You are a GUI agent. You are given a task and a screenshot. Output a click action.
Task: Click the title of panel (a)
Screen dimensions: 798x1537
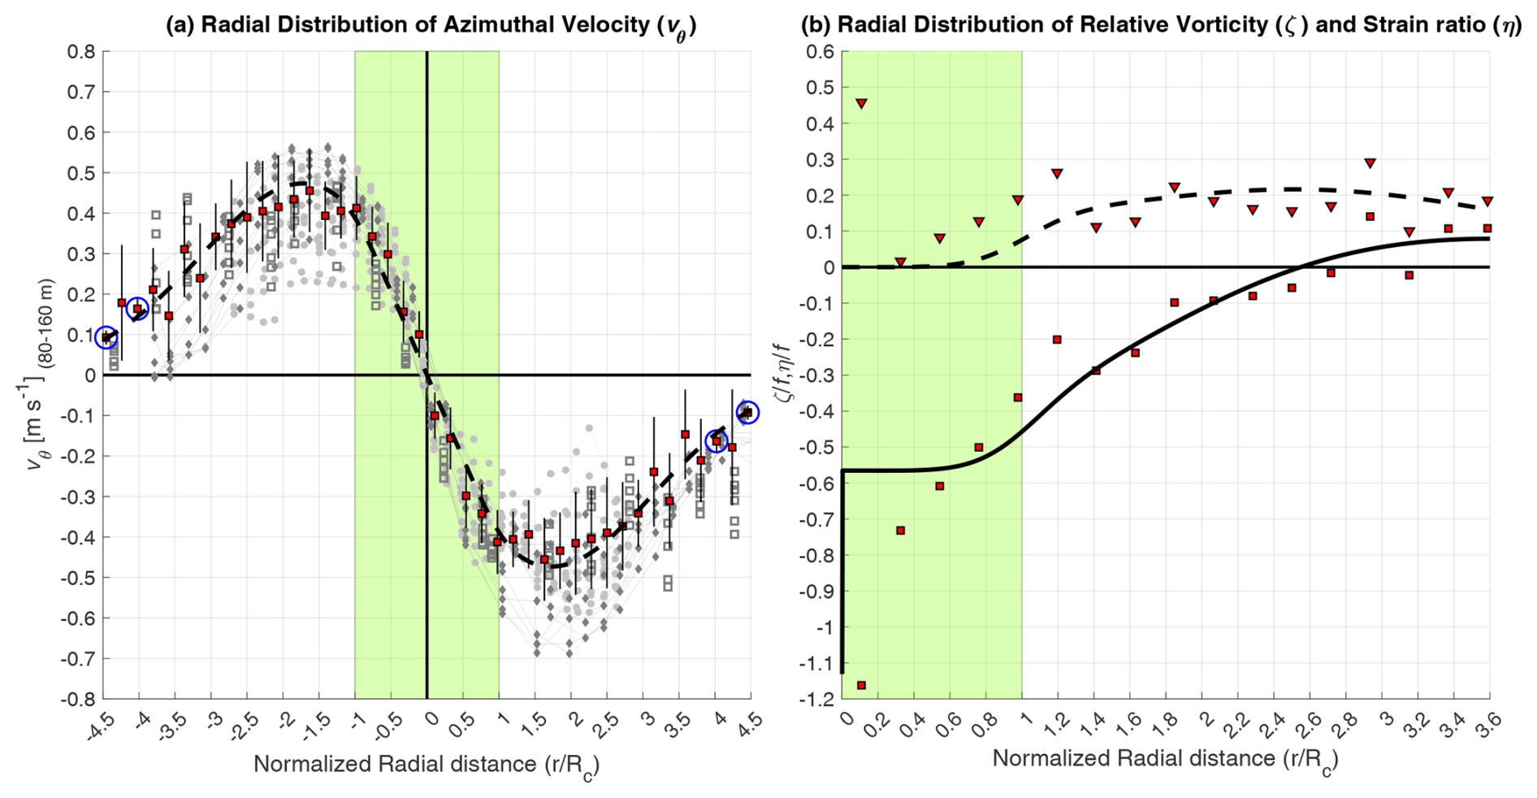(431, 26)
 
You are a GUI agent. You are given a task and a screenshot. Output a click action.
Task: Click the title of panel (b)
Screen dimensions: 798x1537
(1161, 25)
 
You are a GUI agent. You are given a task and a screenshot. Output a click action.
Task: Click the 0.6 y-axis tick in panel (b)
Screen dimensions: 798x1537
(820, 51)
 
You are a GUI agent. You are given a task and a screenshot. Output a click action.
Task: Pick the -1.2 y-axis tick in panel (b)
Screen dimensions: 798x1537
(816, 699)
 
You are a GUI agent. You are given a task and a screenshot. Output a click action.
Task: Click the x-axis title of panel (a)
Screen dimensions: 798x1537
(426, 765)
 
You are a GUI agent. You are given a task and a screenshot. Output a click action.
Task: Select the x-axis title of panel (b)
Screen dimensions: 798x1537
(1165, 760)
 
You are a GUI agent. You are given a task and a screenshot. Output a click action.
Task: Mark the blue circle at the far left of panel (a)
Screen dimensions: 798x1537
(106, 336)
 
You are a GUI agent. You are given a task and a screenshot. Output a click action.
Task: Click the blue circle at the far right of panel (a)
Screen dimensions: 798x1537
(747, 413)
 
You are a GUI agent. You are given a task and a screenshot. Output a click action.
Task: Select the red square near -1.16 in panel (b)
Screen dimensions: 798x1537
(861, 686)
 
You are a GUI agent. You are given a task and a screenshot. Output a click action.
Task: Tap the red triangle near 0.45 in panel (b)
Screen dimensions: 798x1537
(861, 104)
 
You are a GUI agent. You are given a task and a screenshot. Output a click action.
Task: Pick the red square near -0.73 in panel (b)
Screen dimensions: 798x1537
(900, 531)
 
